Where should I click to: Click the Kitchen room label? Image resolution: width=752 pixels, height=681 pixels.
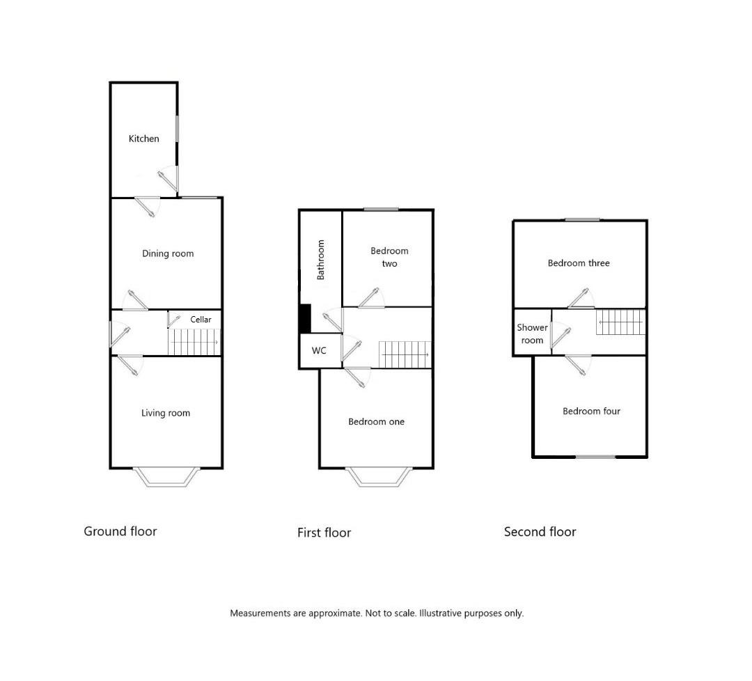[144, 139]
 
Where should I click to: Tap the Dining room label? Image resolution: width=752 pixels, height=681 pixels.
[168, 253]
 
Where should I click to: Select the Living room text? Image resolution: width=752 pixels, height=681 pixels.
[166, 413]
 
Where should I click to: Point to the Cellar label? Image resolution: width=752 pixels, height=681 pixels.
[201, 320]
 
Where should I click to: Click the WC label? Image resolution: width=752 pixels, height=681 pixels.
[319, 350]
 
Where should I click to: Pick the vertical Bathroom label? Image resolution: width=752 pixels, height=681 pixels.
[320, 260]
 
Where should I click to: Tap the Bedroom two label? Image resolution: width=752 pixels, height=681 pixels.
[389, 257]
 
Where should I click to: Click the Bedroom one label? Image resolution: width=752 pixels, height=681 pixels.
[377, 421]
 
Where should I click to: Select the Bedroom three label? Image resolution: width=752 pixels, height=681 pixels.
[579, 263]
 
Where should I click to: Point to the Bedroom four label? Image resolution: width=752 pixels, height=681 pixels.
[591, 411]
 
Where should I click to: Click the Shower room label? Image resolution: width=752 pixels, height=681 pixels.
[533, 334]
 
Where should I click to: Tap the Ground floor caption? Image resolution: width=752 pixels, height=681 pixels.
[120, 531]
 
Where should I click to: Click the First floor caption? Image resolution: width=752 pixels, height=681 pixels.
[324, 532]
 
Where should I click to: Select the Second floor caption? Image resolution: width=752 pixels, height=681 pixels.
[540, 532]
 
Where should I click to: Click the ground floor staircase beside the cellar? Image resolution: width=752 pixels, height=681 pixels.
[194, 342]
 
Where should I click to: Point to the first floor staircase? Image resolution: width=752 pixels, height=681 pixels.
[405, 354]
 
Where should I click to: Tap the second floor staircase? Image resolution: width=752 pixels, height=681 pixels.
[621, 321]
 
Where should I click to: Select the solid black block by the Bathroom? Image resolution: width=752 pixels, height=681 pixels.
[305, 318]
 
